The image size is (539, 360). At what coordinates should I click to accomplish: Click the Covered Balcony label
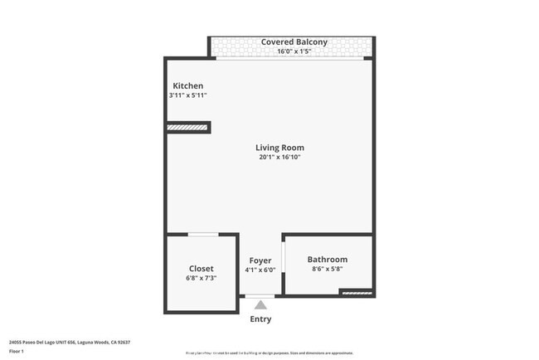coord(294,42)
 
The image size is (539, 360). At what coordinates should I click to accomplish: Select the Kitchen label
coord(187,86)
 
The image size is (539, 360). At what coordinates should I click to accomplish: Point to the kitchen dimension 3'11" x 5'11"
coord(187,95)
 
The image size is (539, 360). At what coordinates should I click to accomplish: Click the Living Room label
coord(279,148)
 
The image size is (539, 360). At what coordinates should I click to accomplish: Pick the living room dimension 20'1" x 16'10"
coord(279,157)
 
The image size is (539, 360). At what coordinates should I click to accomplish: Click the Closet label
coord(201,269)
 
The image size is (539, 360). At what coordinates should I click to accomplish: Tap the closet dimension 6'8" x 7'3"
coord(201,278)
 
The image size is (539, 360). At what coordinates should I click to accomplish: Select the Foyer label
coord(260,260)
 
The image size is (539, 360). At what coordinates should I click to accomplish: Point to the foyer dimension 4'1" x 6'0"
coord(260,270)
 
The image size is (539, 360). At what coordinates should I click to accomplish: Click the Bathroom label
coord(328,260)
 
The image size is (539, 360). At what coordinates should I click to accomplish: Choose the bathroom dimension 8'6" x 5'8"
coord(328,269)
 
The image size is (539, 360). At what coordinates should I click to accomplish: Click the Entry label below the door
coord(260,319)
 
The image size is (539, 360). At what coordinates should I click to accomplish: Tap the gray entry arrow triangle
coord(260,304)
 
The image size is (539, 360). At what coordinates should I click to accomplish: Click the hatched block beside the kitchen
coord(187,128)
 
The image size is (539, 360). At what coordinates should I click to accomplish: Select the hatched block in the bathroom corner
coord(357,293)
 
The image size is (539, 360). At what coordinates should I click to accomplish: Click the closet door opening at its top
coord(203,235)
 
